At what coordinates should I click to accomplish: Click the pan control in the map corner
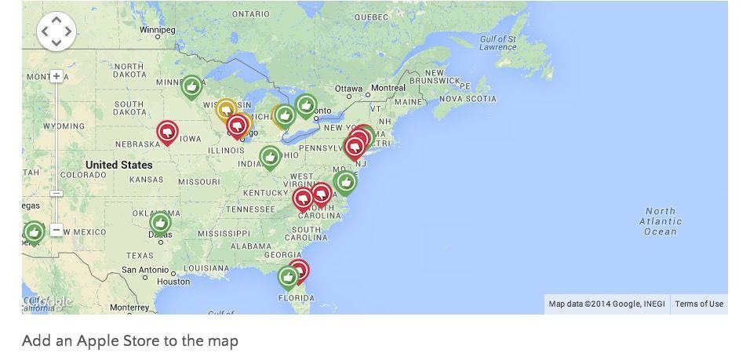tap(56, 31)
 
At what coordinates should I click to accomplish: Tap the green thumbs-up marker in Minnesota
tap(191, 86)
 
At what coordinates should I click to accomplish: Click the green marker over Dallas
tap(160, 223)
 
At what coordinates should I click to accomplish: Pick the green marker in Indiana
tap(270, 158)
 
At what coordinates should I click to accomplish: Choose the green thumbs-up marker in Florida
tap(288, 277)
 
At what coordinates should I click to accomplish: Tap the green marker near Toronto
tap(306, 105)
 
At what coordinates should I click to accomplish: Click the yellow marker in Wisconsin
tap(226, 110)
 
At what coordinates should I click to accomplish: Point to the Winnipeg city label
tap(158, 30)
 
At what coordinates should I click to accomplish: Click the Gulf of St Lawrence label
tap(498, 42)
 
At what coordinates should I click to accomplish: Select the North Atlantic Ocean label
tap(660, 221)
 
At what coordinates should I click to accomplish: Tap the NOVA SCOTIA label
tap(467, 99)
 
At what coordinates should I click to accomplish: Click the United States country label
tap(118, 165)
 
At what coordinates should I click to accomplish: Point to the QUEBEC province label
tap(371, 16)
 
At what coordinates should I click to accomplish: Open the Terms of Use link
tap(699, 304)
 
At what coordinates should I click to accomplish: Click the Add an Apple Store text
tap(130, 340)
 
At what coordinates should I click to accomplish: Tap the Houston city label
tap(173, 282)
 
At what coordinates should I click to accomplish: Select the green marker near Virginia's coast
tap(345, 182)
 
